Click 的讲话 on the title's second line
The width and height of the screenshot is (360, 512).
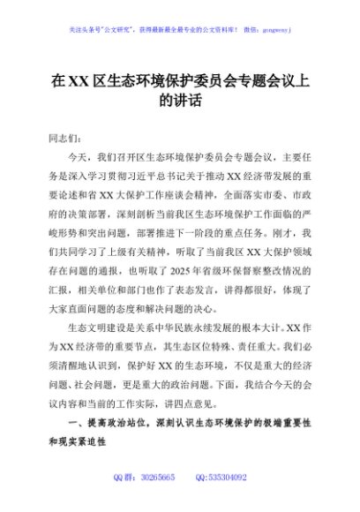180,101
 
